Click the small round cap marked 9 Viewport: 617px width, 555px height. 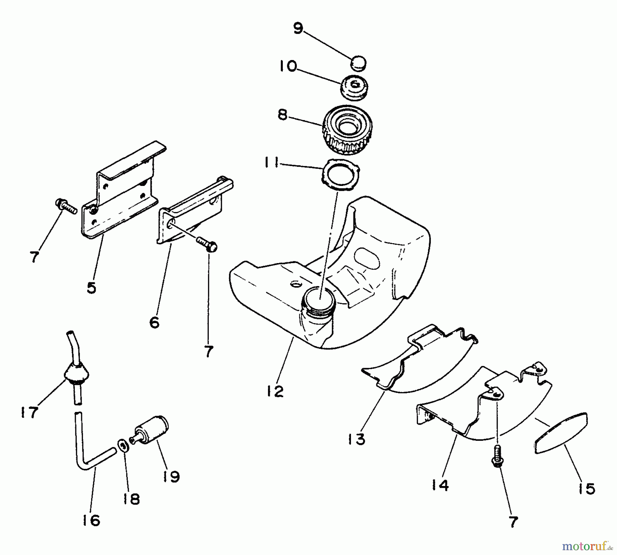point(359,63)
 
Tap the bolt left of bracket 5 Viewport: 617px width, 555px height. point(66,206)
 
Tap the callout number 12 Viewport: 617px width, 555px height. point(275,391)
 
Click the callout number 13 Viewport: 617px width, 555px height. point(356,439)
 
